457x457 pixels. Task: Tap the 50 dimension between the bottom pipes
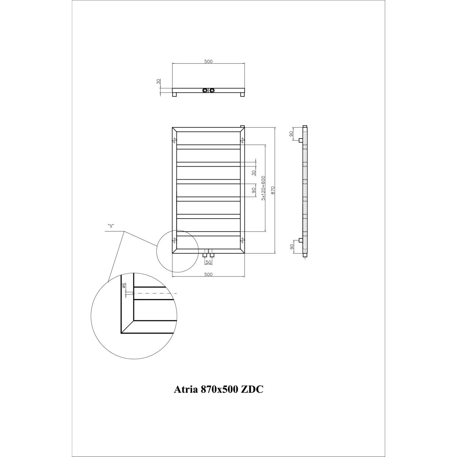208,262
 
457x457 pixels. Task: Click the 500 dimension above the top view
208,61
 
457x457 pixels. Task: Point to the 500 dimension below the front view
208,274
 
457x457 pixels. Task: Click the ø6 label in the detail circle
124,286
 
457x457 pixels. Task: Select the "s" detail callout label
110,226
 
